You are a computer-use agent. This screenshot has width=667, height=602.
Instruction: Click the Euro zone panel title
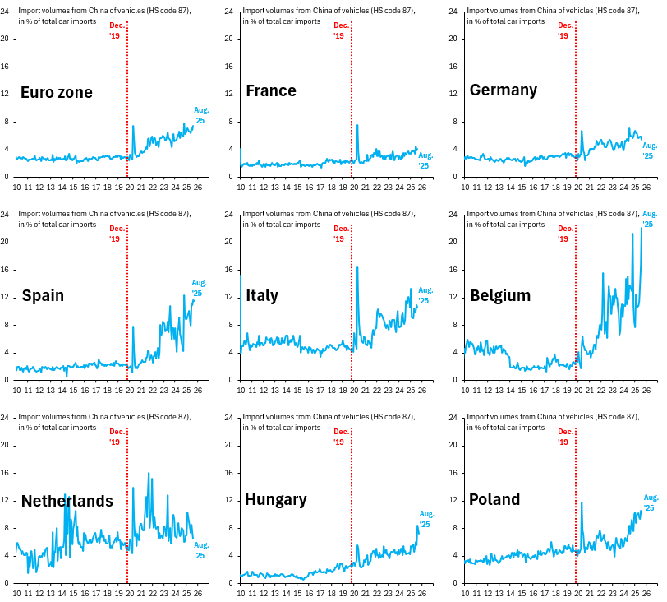point(57,92)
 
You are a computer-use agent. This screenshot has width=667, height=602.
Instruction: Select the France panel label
point(271,90)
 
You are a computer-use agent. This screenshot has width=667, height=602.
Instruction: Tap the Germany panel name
point(504,90)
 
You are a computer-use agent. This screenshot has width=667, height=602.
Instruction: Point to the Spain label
point(43,295)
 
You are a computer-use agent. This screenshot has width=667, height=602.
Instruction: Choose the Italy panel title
point(262,295)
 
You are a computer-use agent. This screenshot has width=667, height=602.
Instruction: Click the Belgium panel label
point(500,295)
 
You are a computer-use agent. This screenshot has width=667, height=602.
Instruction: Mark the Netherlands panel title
point(67,501)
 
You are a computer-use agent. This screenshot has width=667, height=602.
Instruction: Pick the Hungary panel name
point(276,499)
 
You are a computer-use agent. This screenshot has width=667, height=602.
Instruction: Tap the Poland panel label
point(494,499)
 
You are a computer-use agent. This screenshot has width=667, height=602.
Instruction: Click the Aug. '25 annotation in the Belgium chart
point(649,219)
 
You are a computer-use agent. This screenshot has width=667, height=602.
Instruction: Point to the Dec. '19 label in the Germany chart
point(564,30)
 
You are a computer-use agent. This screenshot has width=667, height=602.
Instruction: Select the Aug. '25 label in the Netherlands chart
point(201,550)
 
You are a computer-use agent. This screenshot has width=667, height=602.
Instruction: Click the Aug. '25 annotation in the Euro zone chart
point(201,115)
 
